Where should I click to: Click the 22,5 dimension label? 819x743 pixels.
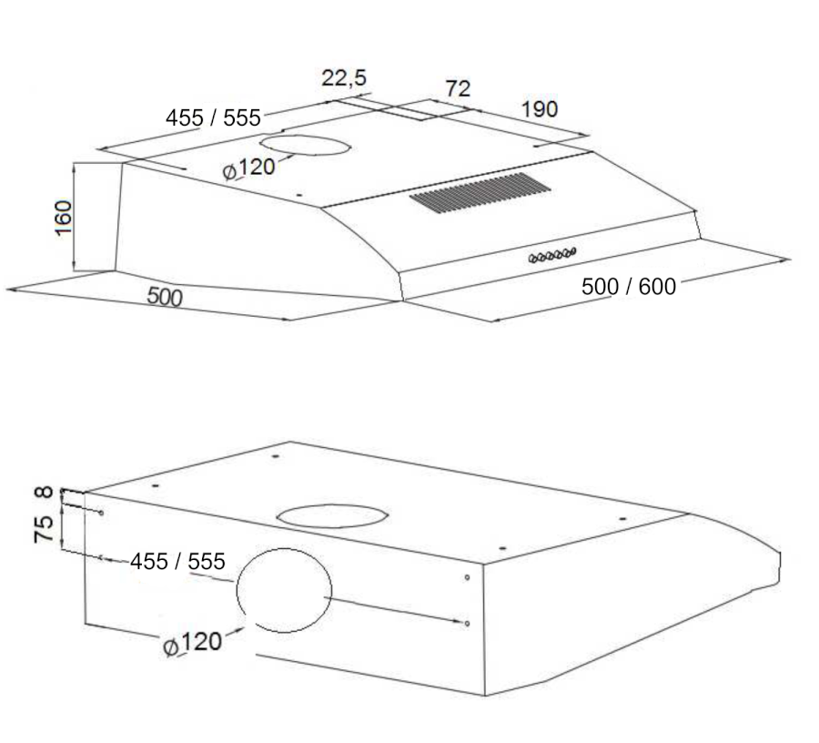pyautogui.click(x=344, y=78)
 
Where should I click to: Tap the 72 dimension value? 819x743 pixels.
pyautogui.click(x=458, y=89)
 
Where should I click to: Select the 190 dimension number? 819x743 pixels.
pyautogui.click(x=540, y=109)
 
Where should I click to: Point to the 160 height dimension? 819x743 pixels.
pyautogui.click(x=63, y=218)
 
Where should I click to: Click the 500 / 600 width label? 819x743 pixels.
pyautogui.click(x=629, y=286)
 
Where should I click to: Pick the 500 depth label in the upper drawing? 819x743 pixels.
pyautogui.click(x=165, y=296)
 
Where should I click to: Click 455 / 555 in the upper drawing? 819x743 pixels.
pyautogui.click(x=213, y=117)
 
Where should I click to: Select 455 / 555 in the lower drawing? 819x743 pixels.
pyautogui.click(x=177, y=561)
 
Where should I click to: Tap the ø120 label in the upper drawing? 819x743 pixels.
pyautogui.click(x=248, y=168)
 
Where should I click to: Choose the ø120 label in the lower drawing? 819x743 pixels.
pyautogui.click(x=192, y=643)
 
